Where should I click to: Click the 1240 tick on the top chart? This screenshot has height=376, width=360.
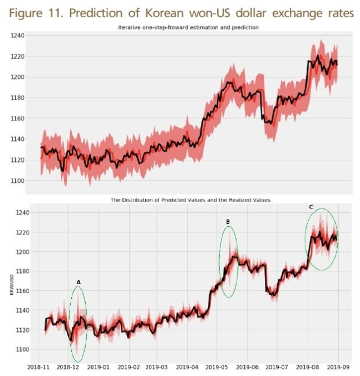pos(18,36)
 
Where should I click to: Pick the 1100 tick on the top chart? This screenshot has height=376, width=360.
pos(18,180)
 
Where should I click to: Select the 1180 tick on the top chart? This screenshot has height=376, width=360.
pos(18,98)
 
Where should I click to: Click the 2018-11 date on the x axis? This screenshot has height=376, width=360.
pos(37,368)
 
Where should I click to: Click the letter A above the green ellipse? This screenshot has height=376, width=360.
pos(78,282)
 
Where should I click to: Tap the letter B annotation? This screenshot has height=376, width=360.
pos(228,221)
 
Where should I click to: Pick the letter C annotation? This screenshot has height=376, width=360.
pos(310,207)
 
